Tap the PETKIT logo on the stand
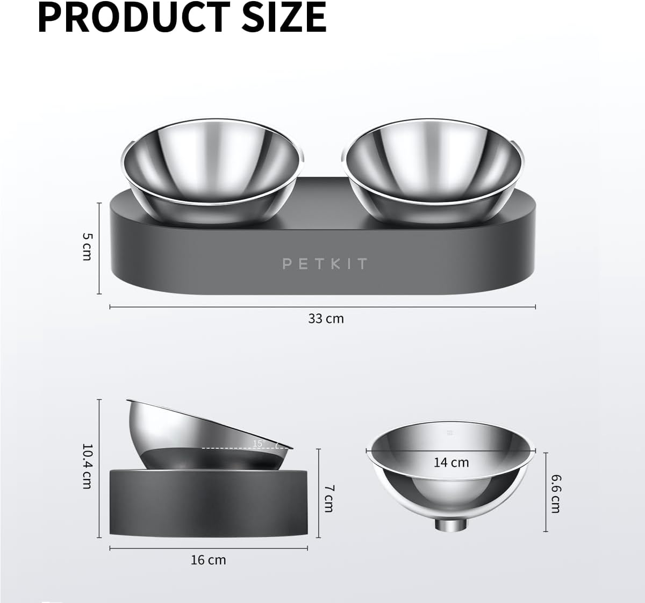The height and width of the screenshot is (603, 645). pyautogui.click(x=325, y=263)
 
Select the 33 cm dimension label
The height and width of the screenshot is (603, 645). pyautogui.click(x=326, y=318)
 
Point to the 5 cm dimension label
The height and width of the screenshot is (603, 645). pyautogui.click(x=87, y=247)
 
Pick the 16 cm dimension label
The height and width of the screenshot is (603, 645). pyautogui.click(x=208, y=560)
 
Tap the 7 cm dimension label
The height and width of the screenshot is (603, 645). pyautogui.click(x=329, y=498)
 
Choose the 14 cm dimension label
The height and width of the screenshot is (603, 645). pyautogui.click(x=451, y=462)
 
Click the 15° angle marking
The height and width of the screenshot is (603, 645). pyautogui.click(x=259, y=443)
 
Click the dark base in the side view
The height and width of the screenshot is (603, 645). pyautogui.click(x=208, y=503)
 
